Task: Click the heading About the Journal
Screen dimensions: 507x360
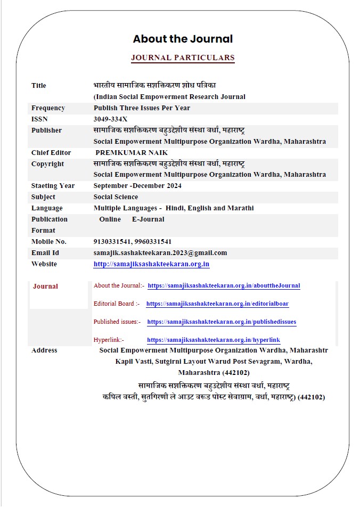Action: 183,39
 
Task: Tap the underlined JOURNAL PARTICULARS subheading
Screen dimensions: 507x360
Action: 183,58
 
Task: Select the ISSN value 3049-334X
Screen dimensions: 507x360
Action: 110,119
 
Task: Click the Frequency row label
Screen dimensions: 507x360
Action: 48,108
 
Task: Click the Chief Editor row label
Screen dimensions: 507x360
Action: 51,153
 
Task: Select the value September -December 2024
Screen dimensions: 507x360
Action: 137,186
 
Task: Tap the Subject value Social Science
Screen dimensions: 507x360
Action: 116,197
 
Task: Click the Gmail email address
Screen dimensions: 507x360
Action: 160,253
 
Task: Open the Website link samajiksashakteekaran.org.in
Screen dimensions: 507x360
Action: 151,264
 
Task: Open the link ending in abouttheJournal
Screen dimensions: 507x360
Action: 224,286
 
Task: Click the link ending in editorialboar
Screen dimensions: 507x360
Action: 217,304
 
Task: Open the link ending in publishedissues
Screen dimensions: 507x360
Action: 222,322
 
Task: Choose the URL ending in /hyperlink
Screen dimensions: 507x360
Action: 214,340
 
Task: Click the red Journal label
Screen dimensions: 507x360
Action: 45,287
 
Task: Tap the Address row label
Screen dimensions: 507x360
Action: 44,350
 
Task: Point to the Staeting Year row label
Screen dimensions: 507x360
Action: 53,186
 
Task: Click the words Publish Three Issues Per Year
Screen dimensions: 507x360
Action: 142,108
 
